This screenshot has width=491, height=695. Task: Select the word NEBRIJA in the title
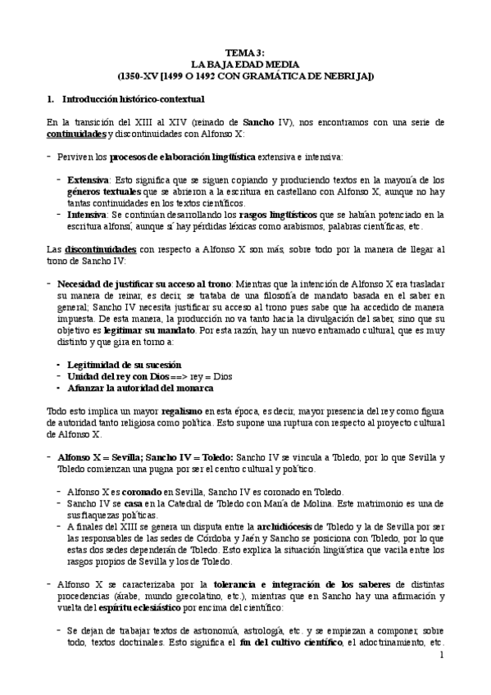point(348,75)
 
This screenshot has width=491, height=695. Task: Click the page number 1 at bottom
point(441,656)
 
